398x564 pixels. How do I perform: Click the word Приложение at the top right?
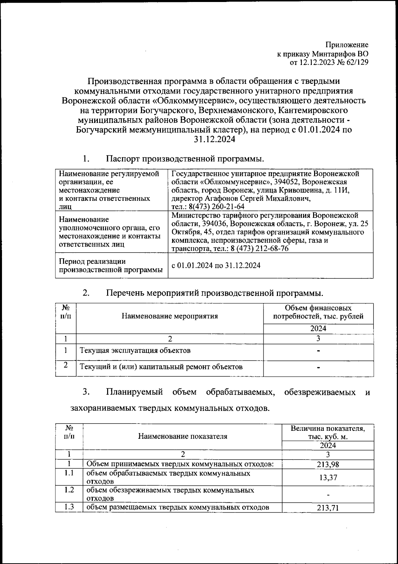(x=347, y=45)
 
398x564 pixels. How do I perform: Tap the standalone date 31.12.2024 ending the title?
(x=215, y=140)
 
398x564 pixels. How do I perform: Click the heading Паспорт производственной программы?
(x=185, y=159)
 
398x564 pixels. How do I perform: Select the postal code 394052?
(x=287, y=182)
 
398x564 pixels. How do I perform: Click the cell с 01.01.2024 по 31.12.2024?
(x=216, y=265)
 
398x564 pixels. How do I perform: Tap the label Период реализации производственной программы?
(x=111, y=266)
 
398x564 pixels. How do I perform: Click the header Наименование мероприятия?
(x=170, y=316)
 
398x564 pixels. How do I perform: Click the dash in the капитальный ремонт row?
(x=318, y=367)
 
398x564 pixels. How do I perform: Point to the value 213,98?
(x=328, y=465)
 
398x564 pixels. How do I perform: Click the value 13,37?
(x=328, y=478)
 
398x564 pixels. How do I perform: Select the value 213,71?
(x=328, y=508)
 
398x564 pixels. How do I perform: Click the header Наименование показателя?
(x=183, y=436)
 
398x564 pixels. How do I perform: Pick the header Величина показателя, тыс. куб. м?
(x=328, y=432)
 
